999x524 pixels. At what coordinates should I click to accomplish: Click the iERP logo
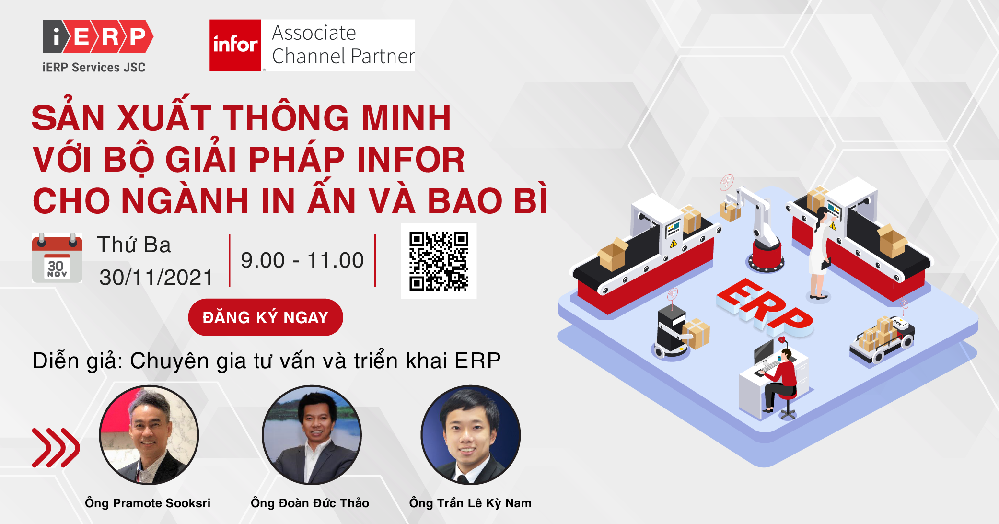[x=98, y=46]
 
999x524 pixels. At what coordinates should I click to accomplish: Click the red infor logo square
[x=235, y=46]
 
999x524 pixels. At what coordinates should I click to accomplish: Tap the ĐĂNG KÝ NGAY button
[x=266, y=317]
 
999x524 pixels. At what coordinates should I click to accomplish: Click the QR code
[x=439, y=261]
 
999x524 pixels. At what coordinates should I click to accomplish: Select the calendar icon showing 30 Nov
[x=57, y=257]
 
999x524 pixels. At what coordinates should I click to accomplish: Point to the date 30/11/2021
[x=156, y=278]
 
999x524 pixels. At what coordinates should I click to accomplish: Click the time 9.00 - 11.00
[x=302, y=260]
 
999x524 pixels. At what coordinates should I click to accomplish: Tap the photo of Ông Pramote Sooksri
[x=149, y=435]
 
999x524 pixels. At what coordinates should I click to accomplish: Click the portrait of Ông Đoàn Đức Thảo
[x=312, y=435]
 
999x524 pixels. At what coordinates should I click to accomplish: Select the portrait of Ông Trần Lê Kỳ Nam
[x=470, y=435]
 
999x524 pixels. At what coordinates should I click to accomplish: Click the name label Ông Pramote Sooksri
[x=148, y=503]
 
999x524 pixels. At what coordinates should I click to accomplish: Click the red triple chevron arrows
[x=56, y=448]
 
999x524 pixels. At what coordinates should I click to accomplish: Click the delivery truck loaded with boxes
[x=882, y=338]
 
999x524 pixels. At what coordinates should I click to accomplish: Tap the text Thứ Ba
[x=134, y=245]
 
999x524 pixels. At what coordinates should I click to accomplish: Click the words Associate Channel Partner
[x=343, y=45]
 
